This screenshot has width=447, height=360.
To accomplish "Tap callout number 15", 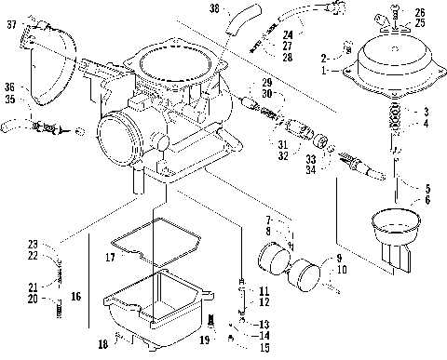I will pos(264,347).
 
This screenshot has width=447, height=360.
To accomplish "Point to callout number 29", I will pos(265,84).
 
